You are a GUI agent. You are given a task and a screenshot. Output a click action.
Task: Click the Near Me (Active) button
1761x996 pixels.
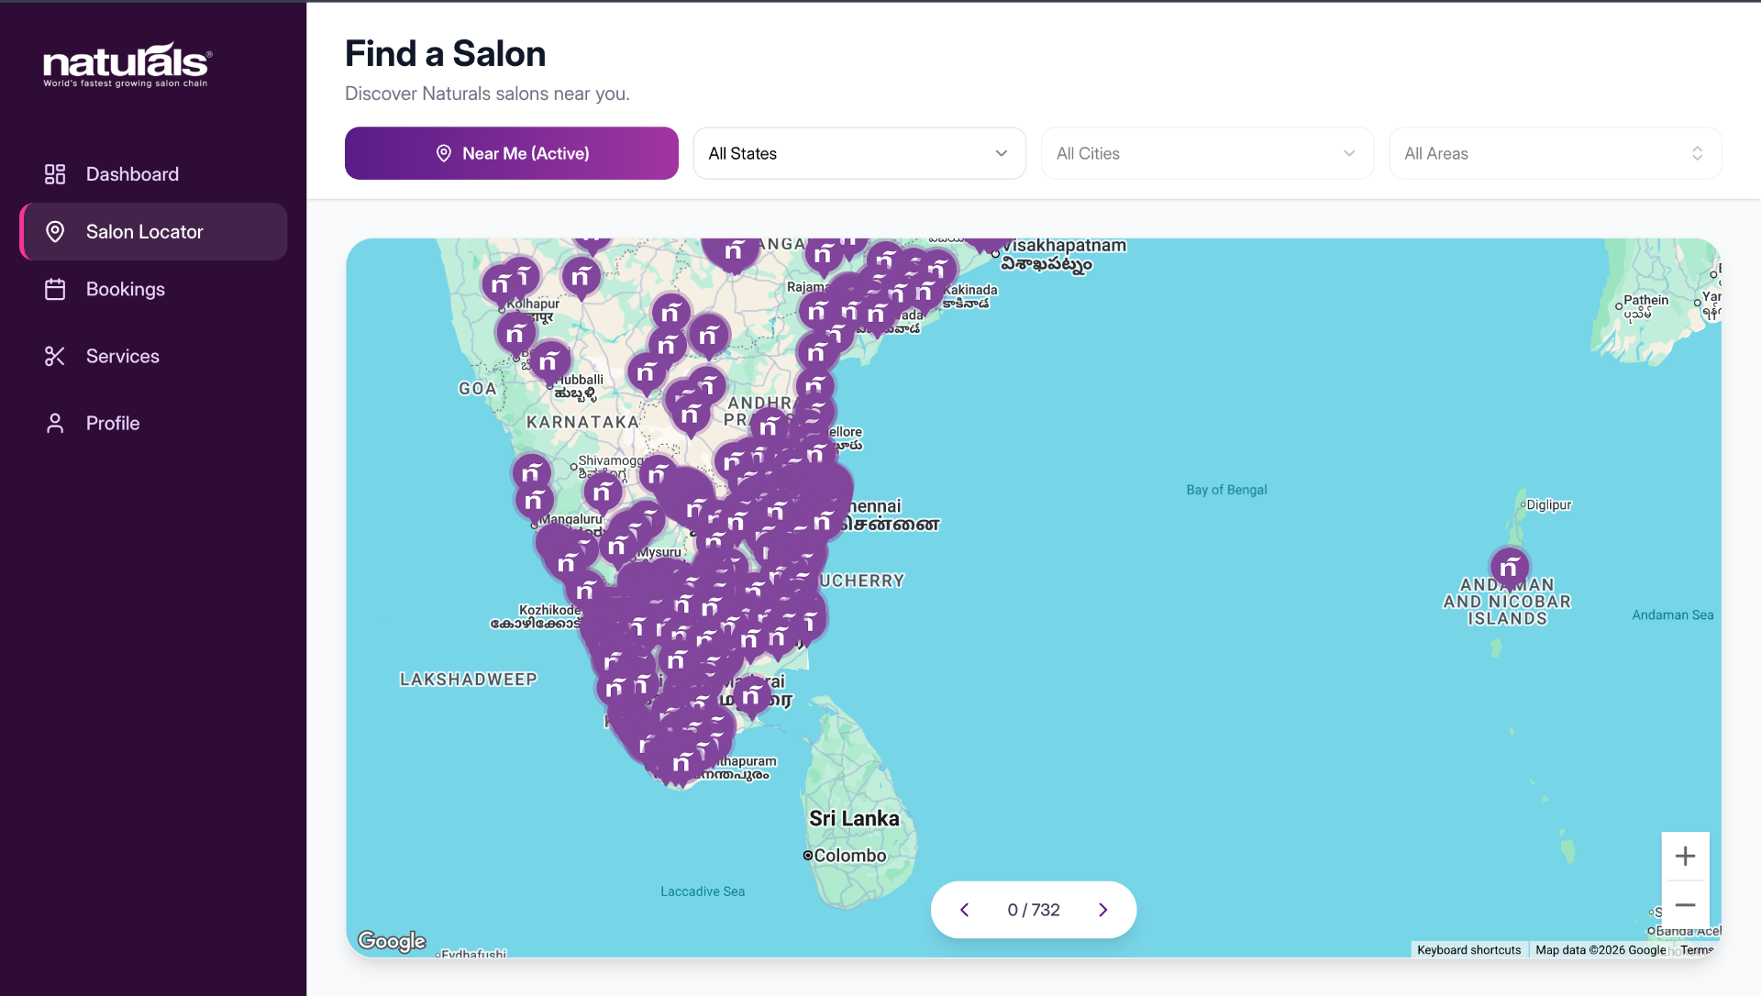511,153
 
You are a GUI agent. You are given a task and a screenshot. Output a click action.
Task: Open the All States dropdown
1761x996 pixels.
858,153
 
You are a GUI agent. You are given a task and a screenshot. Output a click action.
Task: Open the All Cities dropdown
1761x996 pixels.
1206,153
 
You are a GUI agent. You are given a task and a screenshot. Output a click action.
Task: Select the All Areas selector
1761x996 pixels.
1555,153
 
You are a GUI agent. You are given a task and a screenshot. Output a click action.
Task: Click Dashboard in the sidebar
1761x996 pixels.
132,174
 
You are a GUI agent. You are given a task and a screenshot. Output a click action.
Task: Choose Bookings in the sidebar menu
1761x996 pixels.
125,289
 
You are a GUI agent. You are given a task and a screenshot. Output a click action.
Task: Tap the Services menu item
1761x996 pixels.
122,356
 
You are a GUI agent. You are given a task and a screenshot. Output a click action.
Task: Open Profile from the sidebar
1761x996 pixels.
113,423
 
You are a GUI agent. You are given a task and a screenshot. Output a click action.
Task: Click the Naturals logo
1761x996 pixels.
127,65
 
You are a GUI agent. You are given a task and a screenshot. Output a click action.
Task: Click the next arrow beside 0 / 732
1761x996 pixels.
1102,910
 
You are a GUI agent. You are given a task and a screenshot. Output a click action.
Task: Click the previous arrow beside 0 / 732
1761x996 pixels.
964,910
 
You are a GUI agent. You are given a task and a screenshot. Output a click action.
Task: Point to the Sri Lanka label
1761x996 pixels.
854,818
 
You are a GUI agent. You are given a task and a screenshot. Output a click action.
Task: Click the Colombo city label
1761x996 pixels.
849,856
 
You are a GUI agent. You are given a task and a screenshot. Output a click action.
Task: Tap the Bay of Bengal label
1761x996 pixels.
1226,490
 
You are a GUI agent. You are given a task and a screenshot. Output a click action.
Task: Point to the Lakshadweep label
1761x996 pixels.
468,680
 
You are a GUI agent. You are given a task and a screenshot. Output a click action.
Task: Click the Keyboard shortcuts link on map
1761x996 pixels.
1468,950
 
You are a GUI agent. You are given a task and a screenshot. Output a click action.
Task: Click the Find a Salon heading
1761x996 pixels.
445,54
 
